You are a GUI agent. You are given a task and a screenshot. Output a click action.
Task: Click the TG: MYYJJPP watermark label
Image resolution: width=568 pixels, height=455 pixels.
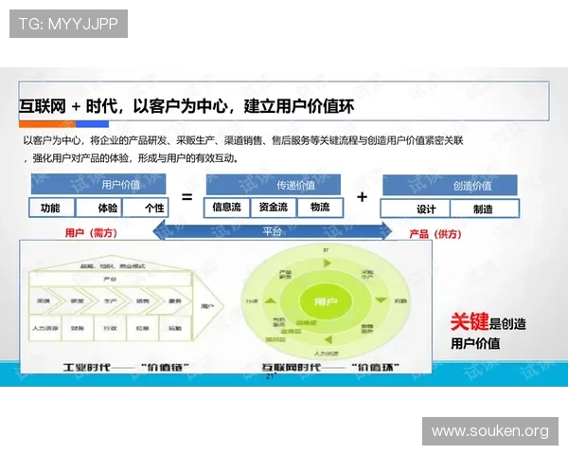point(68,24)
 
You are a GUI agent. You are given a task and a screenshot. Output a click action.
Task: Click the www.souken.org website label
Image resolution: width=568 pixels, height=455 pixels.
point(489,431)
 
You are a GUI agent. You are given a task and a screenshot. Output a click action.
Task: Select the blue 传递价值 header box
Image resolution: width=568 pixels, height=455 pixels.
point(295,186)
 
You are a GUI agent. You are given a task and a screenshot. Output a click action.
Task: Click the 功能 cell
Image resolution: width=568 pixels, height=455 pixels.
point(50,208)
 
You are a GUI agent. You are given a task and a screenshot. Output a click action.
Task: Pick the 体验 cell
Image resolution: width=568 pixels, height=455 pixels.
point(108,208)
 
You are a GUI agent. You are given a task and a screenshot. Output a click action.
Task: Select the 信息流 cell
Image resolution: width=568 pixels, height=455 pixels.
point(227,207)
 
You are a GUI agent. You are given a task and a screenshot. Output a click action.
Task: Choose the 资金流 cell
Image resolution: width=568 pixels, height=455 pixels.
point(274,207)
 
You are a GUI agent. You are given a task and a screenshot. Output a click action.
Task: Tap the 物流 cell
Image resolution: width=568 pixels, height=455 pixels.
point(319,207)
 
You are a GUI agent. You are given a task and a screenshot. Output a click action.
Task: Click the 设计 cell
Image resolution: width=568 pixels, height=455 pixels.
point(427,209)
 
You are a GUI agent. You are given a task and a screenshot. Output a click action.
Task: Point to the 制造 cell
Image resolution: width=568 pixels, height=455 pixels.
point(483,209)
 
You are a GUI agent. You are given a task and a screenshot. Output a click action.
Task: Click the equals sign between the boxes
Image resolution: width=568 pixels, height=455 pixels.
point(186,197)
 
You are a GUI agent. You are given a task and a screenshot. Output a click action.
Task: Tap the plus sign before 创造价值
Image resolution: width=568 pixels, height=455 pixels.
point(362,197)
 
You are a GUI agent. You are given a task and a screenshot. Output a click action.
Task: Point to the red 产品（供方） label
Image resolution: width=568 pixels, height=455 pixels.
point(435,233)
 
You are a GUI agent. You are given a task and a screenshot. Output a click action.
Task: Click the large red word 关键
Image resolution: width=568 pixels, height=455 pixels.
point(470,323)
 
